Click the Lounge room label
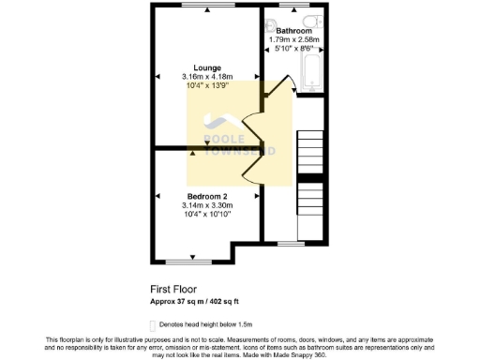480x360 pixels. (x=207, y=67)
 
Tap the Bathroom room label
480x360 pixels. (x=294, y=31)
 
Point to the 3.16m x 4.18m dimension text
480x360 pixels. (x=207, y=77)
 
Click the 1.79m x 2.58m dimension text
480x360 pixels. (x=294, y=40)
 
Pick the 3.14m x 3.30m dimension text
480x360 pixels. (x=208, y=205)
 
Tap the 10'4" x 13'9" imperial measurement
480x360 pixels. (x=207, y=86)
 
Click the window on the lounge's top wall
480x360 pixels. (x=207, y=7)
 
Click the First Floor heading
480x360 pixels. (x=174, y=290)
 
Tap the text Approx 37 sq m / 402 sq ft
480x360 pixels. (x=208, y=301)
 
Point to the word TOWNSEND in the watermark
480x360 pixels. (x=240, y=150)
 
